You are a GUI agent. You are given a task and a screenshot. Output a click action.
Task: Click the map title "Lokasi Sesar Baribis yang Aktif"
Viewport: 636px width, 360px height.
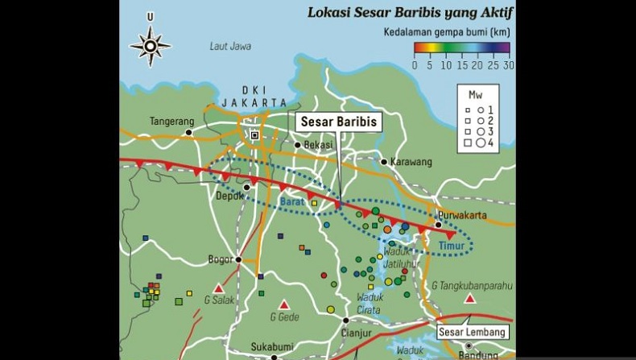point(411,13)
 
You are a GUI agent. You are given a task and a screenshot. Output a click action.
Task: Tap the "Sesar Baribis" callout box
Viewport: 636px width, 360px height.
point(338,122)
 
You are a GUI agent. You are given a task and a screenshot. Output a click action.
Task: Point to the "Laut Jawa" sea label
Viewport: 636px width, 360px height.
point(230,47)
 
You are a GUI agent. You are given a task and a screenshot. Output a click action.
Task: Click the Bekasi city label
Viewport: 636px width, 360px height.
point(319,145)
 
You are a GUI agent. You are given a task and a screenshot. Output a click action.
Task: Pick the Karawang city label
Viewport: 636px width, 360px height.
point(411,162)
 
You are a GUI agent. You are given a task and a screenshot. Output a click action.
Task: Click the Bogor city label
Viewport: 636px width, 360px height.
point(221,259)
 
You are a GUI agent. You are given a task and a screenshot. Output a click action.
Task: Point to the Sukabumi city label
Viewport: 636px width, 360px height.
point(270,347)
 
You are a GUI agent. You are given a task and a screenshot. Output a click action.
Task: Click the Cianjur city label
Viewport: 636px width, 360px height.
point(355,333)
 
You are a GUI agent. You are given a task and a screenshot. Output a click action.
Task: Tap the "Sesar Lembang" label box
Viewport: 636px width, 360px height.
point(473,332)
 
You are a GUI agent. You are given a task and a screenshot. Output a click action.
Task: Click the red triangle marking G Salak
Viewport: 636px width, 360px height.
point(218,288)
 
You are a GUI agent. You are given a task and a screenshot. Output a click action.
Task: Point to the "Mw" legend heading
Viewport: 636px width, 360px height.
point(474,94)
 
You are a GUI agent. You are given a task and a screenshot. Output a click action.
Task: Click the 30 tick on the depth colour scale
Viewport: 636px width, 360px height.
point(507,66)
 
